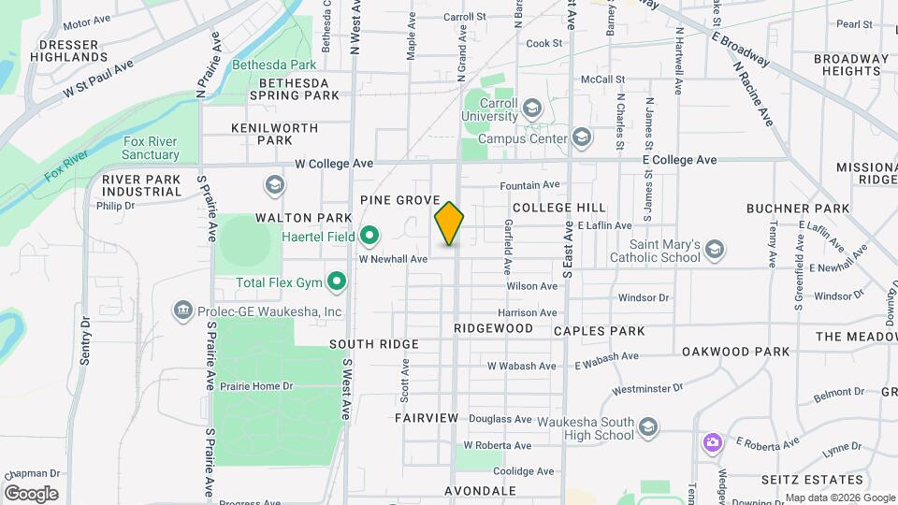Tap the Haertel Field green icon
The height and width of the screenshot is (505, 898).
tap(369, 235)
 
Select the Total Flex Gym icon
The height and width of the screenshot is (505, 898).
tap(337, 281)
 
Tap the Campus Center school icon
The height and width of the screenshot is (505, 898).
tap(582, 138)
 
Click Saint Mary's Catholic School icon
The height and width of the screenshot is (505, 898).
tap(715, 249)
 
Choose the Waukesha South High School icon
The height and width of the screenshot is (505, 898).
tap(646, 428)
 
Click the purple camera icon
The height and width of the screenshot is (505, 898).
tap(713, 441)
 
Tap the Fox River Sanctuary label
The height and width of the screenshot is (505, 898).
tap(151, 148)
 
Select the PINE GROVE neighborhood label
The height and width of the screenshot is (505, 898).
tap(399, 200)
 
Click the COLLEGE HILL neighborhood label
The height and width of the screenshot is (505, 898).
tap(558, 207)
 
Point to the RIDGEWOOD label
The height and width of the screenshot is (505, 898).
tap(493, 328)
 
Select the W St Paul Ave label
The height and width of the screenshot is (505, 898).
tap(99, 79)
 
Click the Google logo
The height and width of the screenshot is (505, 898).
tap(31, 493)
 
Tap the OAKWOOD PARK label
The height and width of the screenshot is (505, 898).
tap(735, 352)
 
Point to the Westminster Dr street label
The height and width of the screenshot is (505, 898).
tap(647, 387)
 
